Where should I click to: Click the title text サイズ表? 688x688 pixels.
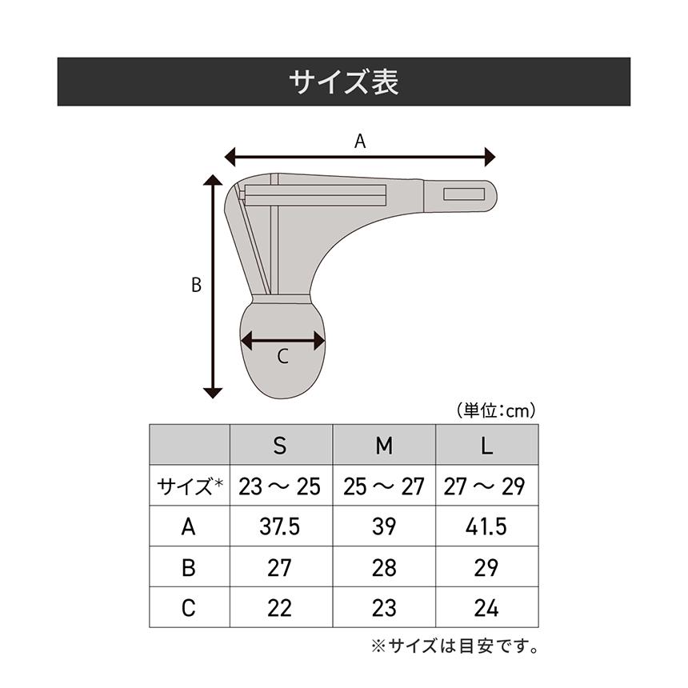[344, 82]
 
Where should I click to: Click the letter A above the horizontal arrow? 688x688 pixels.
[360, 142]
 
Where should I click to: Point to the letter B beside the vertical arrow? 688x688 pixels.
[196, 285]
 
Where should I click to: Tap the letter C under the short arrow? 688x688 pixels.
[282, 358]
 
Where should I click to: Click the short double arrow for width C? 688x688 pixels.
[283, 341]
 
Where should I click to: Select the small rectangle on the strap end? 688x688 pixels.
[464, 194]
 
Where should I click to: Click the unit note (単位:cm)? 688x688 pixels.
[496, 410]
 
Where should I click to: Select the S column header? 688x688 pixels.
[280, 446]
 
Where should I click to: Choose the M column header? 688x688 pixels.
[384, 446]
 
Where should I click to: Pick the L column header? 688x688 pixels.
[486, 446]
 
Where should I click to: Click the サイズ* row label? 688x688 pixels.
[190, 486]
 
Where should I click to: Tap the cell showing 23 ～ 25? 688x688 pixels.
[280, 486]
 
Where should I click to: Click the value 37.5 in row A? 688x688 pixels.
[280, 527]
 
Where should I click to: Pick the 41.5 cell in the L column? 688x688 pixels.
[486, 527]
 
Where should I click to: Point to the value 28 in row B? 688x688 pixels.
[384, 568]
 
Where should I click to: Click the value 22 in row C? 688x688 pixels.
[280, 608]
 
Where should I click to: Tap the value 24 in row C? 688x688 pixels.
[486, 608]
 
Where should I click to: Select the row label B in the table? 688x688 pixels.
[189, 568]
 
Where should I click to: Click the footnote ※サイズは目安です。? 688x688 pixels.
[454, 645]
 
